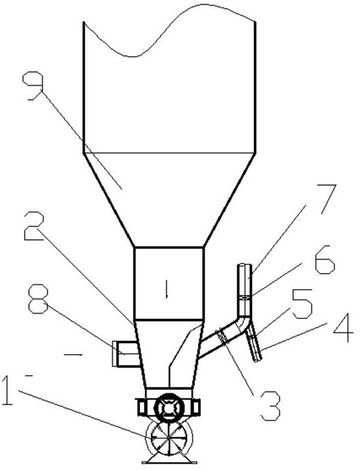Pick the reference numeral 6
(x=324, y=259)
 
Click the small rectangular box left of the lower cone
(x=125, y=354)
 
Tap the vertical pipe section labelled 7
(x=245, y=290)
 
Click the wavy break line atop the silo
(x=169, y=30)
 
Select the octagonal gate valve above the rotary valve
(x=169, y=407)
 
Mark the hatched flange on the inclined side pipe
(x=222, y=337)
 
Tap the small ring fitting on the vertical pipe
(x=245, y=297)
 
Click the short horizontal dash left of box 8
(x=73, y=355)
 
